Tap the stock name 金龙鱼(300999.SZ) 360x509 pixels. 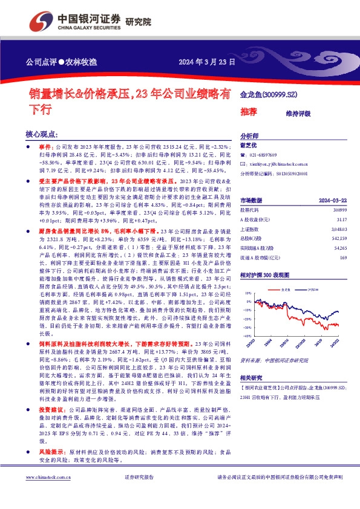coord(270,96)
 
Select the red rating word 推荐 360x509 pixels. coord(249,111)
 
